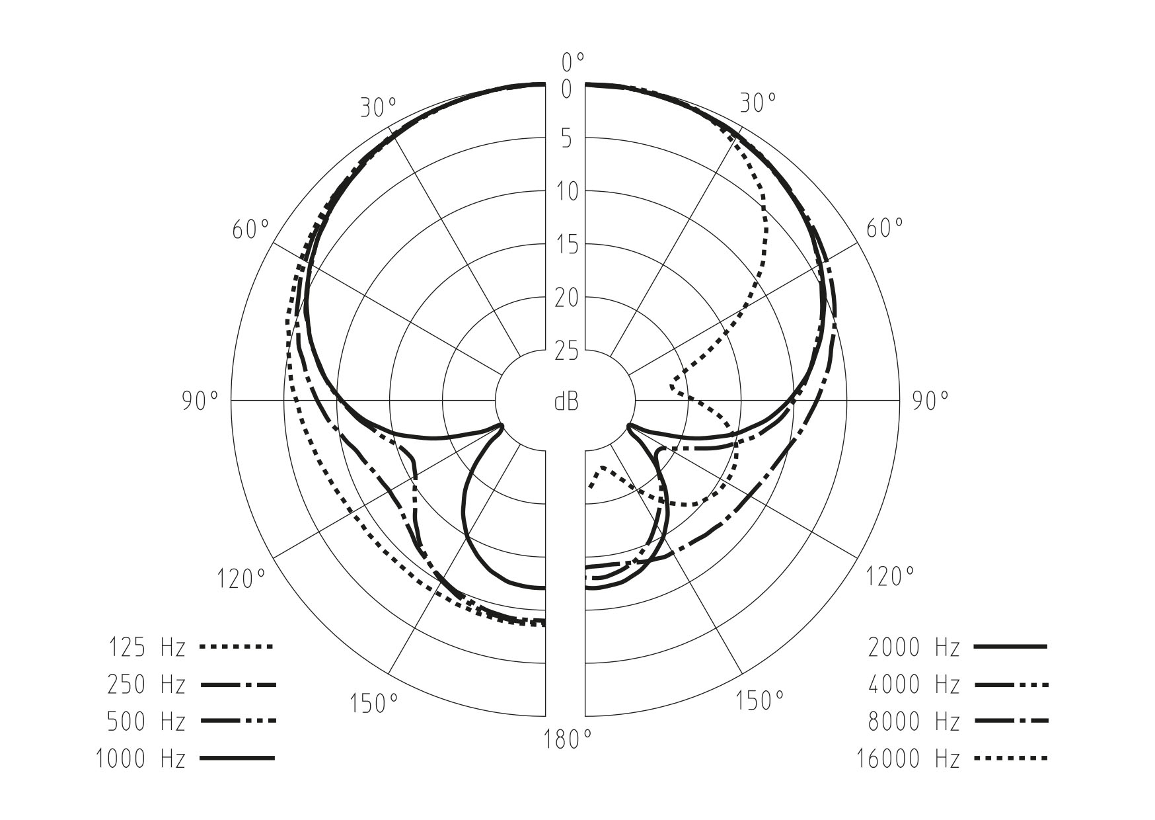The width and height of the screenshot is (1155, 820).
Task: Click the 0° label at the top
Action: [x=573, y=63]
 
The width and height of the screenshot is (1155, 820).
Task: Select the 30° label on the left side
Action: [x=379, y=107]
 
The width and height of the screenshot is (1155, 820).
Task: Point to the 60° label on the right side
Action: [x=884, y=229]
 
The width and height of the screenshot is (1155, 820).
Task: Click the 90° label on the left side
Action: [x=200, y=401]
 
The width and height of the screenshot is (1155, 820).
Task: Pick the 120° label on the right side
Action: [x=891, y=577]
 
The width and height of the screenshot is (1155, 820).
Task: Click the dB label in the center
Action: [x=566, y=401]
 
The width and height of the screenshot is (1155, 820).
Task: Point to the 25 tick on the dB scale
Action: [x=566, y=351]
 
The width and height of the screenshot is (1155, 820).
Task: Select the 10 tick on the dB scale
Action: [x=566, y=192]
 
